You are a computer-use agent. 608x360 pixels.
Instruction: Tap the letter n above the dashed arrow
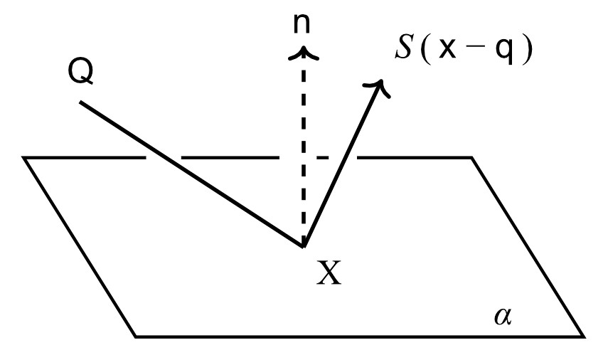tap(304, 24)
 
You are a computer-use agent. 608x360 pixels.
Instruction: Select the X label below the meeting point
tap(329, 272)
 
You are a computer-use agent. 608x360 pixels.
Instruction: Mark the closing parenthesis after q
tap(527, 53)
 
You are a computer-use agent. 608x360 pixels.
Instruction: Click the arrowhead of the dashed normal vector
tap(304, 51)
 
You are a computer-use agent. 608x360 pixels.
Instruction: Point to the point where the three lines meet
tap(304, 247)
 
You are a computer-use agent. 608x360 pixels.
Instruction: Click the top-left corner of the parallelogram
tap(24, 157)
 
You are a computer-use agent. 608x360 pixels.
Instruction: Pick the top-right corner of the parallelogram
tap(471, 157)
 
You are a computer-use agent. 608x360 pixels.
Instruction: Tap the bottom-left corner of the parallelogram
tap(136, 336)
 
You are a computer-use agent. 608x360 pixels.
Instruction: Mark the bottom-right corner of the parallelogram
tap(584, 336)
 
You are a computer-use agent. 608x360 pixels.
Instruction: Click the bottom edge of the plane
tap(356, 336)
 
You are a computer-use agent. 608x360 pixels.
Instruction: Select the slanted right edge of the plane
tap(528, 246)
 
